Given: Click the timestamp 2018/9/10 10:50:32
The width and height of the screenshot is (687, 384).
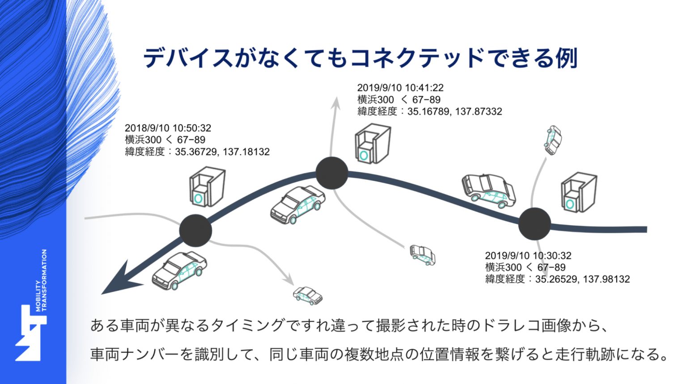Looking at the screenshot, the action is [168, 128].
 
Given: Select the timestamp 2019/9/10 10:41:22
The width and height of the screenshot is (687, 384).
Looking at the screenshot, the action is [400, 88].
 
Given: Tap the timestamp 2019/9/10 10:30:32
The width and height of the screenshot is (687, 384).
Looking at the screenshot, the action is [528, 255].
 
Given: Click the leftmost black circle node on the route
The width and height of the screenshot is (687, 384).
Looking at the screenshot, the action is [195, 231].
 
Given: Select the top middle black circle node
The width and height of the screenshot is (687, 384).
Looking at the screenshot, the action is [332, 173].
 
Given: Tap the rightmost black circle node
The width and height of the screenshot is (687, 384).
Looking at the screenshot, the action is [534, 224].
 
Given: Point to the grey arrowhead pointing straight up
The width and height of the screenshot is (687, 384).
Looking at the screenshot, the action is [336, 102].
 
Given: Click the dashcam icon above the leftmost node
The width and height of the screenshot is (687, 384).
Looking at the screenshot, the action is [208, 186].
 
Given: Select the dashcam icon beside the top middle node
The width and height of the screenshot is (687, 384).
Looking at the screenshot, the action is [373, 143].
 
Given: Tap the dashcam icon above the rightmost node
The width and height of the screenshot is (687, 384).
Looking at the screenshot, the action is [579, 192].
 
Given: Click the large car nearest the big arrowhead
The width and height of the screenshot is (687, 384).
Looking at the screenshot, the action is [179, 270].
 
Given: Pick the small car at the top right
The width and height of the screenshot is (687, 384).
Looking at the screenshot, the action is [553, 140].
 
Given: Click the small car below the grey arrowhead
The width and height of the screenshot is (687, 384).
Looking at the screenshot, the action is [308, 296].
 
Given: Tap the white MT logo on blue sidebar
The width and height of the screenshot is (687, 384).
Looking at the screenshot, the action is [31, 333].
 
